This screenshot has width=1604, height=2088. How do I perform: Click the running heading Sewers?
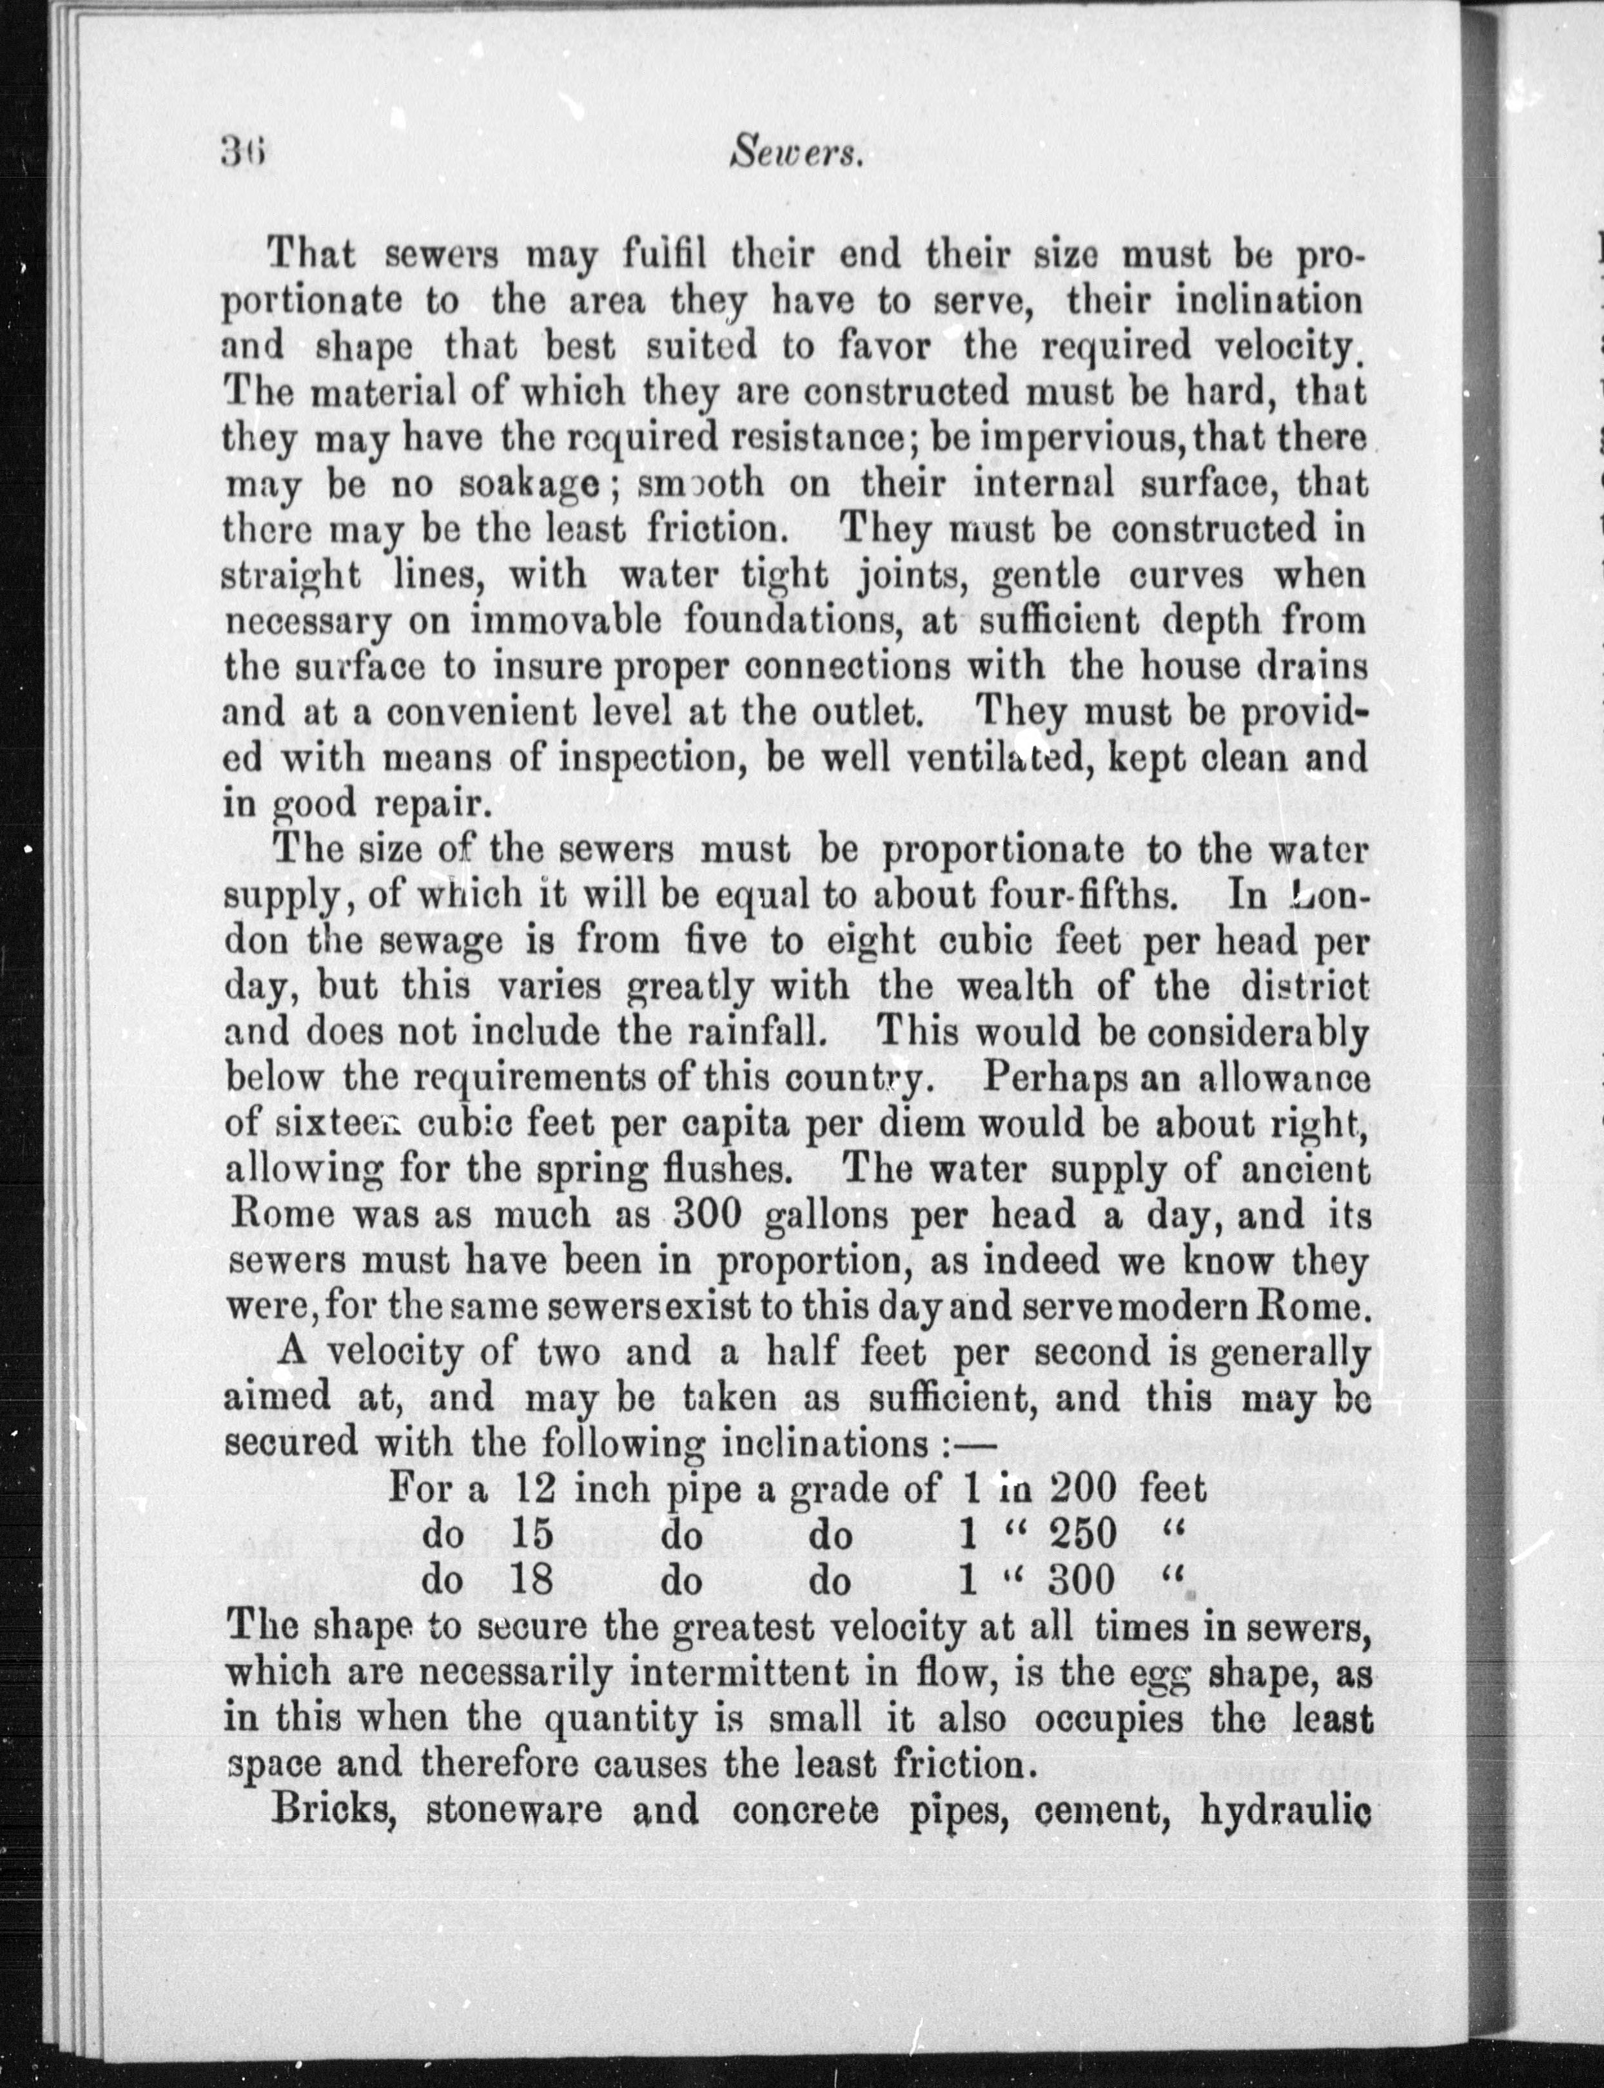click(x=796, y=151)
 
